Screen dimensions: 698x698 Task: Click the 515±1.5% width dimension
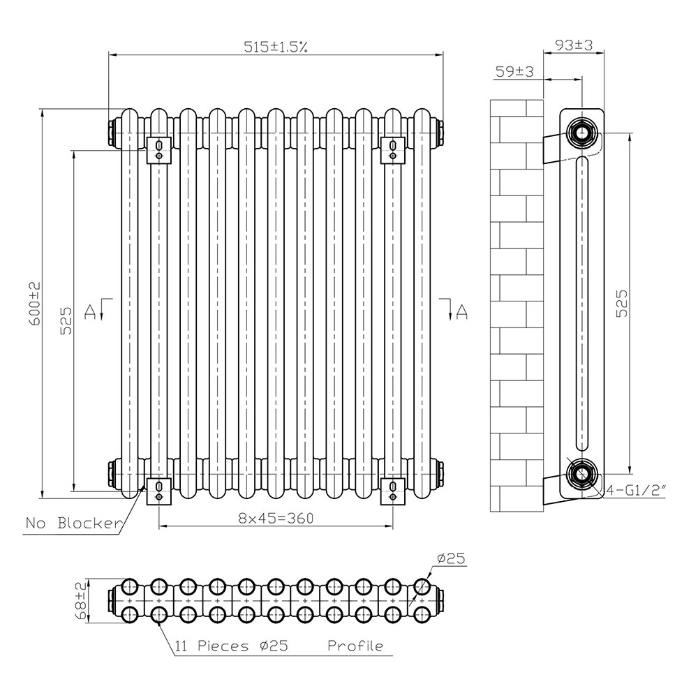point(276,47)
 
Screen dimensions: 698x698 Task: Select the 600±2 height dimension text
point(35,304)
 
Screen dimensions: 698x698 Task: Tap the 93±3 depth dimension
point(574,45)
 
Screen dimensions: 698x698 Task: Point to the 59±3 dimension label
point(514,71)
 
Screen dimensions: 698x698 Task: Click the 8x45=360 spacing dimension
point(276,518)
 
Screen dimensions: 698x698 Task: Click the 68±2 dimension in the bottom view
point(80,602)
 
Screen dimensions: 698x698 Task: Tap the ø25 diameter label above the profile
point(450,558)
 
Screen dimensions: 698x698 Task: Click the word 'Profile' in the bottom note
point(355,646)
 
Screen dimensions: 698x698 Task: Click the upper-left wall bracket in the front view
point(159,151)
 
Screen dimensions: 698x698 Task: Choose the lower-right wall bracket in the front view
point(392,491)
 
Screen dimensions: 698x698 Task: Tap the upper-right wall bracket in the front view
point(392,151)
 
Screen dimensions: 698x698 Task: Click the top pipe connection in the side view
point(581,133)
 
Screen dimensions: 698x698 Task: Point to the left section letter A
point(90,311)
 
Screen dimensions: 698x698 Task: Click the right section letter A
point(462,311)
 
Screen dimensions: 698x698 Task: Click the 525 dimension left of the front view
point(66,320)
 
